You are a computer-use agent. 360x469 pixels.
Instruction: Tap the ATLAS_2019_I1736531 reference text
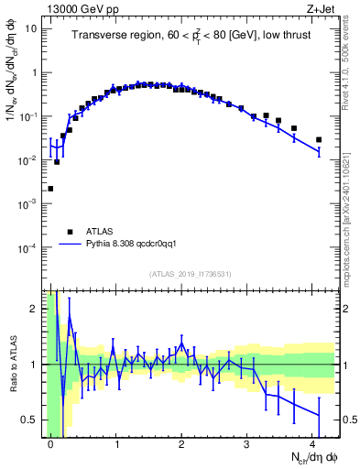click(x=191, y=274)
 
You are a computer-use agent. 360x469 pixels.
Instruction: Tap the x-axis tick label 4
click(x=312, y=442)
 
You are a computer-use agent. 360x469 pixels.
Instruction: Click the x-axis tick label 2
click(x=182, y=442)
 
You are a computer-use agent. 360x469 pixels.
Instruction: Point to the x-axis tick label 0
click(x=51, y=442)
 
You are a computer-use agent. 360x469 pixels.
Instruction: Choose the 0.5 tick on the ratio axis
click(x=31, y=420)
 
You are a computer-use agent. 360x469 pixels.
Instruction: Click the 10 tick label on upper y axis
click(x=31, y=28)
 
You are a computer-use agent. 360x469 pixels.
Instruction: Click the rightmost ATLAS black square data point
click(x=319, y=140)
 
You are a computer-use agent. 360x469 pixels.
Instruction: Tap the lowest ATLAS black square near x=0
click(x=50, y=189)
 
